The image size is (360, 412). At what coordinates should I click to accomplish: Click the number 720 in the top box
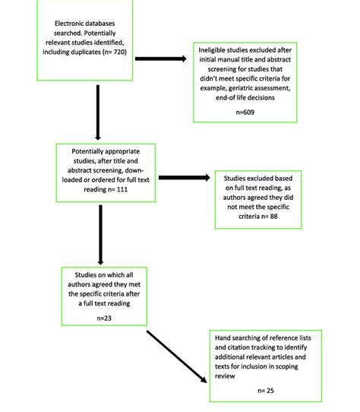[x=119, y=52]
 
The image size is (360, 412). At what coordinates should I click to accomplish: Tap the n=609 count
[x=245, y=113]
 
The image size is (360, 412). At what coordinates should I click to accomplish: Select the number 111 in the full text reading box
[x=122, y=189]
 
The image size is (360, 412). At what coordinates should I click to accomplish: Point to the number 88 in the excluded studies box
[x=273, y=216]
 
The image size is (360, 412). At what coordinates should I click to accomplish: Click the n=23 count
[x=104, y=319]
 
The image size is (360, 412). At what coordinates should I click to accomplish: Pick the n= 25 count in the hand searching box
[x=266, y=391]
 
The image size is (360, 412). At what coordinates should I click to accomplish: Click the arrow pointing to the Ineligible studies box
[x=161, y=59]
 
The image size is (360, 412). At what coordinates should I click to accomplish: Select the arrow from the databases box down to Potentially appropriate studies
[x=98, y=113]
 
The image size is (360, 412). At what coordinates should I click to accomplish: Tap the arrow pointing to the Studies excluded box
[x=185, y=178]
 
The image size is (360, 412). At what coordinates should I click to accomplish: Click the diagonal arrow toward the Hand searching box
[x=177, y=357]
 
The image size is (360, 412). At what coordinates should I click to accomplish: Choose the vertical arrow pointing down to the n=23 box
[x=100, y=235]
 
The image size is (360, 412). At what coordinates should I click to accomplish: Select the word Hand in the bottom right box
[x=223, y=338]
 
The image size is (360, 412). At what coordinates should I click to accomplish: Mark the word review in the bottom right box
[x=225, y=376]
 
